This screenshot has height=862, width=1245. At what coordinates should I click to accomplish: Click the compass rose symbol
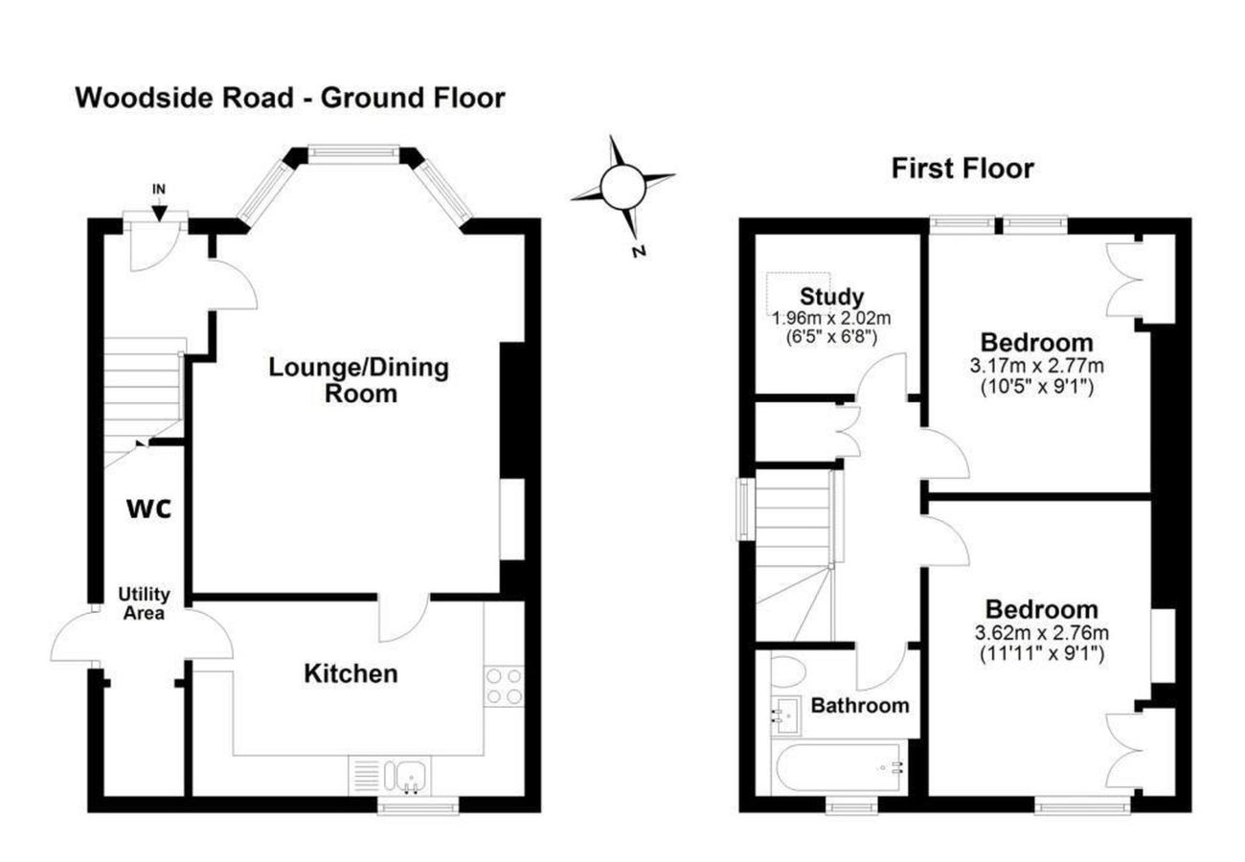pos(622,186)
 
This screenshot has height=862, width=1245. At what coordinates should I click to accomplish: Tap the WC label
pos(149,509)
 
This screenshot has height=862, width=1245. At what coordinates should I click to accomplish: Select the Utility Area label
pos(144,604)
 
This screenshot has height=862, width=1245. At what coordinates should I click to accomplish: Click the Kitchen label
pos(351,674)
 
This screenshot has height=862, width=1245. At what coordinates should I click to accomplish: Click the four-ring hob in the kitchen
pos(505,686)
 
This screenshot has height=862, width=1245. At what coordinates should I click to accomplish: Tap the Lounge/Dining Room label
pos(359,379)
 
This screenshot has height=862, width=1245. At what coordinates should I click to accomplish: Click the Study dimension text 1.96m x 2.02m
pos(832,317)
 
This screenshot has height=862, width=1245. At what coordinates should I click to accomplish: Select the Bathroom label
pos(859,706)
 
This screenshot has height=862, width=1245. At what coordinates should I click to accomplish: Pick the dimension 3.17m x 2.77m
pos(1036,366)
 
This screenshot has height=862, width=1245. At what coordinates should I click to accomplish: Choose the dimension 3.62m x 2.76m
pos(1042,633)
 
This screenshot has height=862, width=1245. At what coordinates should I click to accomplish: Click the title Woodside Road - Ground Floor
pos(289,98)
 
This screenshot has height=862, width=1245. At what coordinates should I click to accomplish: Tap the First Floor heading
pos(962,170)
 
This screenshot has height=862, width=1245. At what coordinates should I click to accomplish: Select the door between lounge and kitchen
pos(404,618)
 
